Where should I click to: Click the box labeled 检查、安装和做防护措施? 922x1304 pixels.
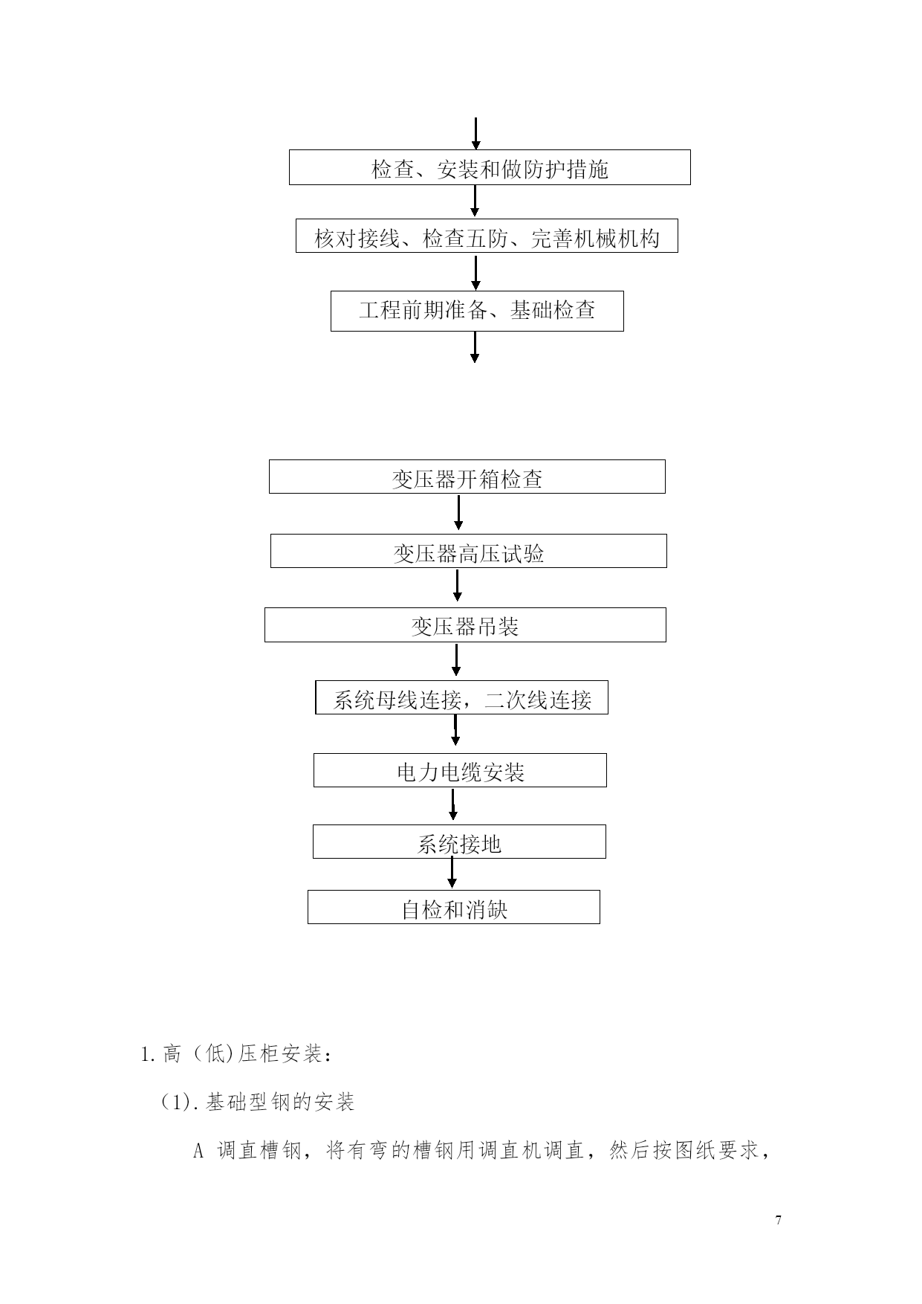pyautogui.click(x=490, y=167)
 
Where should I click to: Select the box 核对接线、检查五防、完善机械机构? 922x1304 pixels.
pyautogui.click(x=487, y=236)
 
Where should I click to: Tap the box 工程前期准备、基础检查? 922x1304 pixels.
pyautogui.click(x=477, y=311)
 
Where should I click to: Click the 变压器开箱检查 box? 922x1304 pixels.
pyautogui.click(x=467, y=477)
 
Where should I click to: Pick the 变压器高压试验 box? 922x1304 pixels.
pyautogui.click(x=468, y=551)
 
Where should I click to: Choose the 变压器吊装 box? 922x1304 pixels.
pyautogui.click(x=465, y=624)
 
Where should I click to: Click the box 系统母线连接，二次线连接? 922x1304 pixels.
pyautogui.click(x=461, y=697)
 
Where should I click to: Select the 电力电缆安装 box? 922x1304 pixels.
pyautogui.click(x=460, y=770)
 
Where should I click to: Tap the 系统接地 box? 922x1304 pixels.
pyautogui.click(x=459, y=842)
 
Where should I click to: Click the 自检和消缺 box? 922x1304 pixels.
pyautogui.click(x=454, y=907)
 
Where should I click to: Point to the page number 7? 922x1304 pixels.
pyautogui.click(x=778, y=1220)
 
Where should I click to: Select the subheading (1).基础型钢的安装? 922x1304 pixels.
pyautogui.click(x=257, y=1102)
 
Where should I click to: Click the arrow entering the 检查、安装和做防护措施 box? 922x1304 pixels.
pyautogui.click(x=476, y=134)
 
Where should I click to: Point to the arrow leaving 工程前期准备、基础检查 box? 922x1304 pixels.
pyautogui.click(x=475, y=347)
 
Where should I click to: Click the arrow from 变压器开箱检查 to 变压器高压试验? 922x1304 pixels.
pyautogui.click(x=458, y=512)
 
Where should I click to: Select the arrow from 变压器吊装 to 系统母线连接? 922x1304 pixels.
pyautogui.click(x=456, y=659)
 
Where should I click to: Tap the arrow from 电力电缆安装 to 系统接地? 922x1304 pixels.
pyautogui.click(x=453, y=804)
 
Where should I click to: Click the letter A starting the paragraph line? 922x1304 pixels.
pyautogui.click(x=198, y=1152)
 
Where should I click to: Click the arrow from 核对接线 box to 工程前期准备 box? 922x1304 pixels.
pyautogui.click(x=476, y=272)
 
